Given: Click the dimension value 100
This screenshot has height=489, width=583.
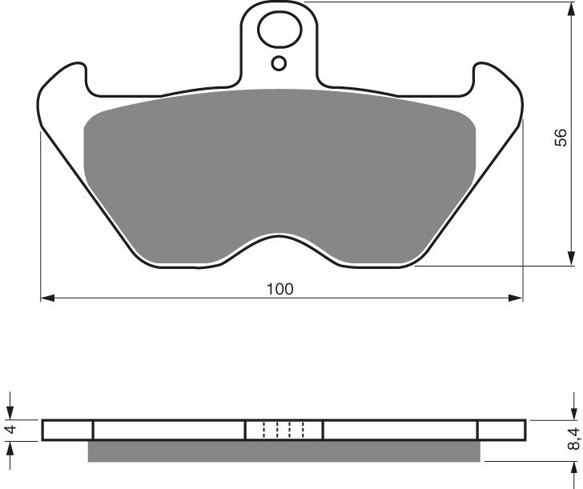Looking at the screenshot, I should [280, 289].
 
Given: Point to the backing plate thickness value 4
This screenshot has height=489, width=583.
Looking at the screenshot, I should [10, 430].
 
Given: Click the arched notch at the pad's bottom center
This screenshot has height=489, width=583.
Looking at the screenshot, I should [280, 244].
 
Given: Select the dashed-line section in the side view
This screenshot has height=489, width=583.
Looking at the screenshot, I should [284, 431].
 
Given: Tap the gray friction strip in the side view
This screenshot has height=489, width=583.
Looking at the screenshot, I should [284, 452].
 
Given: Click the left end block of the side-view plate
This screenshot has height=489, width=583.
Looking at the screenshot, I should [67, 431].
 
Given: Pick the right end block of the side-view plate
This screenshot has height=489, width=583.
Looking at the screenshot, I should [502, 431].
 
